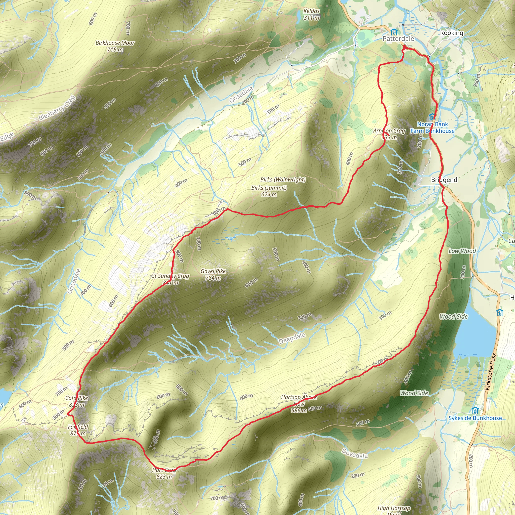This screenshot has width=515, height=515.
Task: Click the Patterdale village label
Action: pos(398,39)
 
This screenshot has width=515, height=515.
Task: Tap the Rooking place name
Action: pos(452,33)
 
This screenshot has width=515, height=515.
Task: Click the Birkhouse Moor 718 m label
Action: pos(115,46)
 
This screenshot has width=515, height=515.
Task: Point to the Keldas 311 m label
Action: pos(311,14)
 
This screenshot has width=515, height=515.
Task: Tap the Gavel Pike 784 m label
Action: pos(213,274)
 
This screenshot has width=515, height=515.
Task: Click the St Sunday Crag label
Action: pos(170,276)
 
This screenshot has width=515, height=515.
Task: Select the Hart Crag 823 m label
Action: pos(164,473)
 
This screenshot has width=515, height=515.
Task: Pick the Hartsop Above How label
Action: pos(299,401)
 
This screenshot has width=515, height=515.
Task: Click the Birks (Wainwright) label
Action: pos(283,179)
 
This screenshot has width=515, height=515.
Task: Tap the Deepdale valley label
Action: pos(292,338)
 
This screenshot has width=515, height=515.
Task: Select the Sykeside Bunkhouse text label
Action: pos(475,418)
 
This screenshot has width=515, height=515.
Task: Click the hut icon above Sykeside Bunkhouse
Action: pos(475,410)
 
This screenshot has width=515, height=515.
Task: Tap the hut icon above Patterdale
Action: pos(394,32)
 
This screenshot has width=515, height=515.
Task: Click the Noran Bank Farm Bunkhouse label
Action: pos(432,127)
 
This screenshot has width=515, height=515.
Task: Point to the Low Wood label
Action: pos(462,251)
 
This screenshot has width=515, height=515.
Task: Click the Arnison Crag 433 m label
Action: pos(389,134)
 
